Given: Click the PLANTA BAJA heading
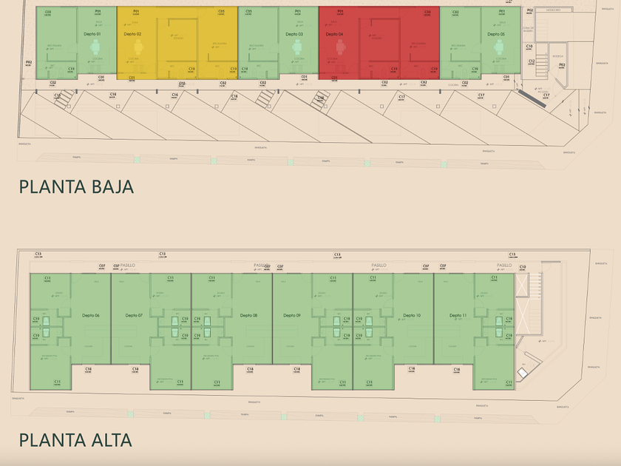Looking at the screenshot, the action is [76, 186].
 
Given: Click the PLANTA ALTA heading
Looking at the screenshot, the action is [75, 440].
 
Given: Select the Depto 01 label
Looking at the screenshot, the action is [93, 35].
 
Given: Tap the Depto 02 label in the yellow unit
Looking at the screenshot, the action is [132, 35].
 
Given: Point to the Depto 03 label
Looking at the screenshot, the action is [294, 35].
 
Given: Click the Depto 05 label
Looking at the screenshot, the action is [497, 35].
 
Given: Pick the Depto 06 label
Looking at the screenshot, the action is [92, 316].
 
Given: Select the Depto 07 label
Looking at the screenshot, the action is [134, 316].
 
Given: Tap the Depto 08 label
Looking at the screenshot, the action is [249, 316].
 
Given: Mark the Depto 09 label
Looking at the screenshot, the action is [292, 316].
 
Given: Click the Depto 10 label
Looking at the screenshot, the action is [412, 316].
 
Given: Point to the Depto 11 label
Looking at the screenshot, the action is [458, 316].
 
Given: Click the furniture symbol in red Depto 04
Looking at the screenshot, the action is [340, 47].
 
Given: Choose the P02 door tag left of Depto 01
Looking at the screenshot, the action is [29, 64].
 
